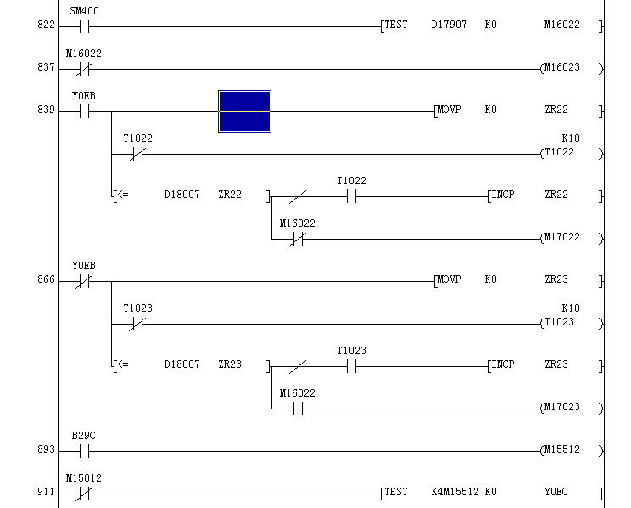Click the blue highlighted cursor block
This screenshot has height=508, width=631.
point(244,110)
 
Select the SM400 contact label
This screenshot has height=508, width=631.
point(83,11)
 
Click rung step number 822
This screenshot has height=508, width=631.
point(46,25)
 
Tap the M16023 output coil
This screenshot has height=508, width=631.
point(561,68)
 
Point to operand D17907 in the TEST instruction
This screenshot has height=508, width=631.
point(449,25)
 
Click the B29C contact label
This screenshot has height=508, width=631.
point(83,436)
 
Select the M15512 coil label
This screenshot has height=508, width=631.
point(561,450)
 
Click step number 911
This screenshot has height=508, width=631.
point(46,493)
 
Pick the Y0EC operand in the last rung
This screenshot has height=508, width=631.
point(556,493)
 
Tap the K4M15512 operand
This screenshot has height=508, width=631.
point(455,493)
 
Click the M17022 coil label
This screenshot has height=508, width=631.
point(561,238)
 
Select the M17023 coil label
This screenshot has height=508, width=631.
point(561,408)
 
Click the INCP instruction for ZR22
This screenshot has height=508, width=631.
point(502,195)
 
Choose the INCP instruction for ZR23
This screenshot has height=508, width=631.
point(502,365)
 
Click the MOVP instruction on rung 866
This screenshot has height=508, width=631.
point(449,280)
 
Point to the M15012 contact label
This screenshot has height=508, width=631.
point(83,478)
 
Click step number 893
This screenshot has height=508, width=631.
point(46,450)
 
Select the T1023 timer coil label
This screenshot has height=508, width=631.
point(559,323)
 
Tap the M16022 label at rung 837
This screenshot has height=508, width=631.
point(83,54)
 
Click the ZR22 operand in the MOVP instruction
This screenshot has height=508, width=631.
point(556,110)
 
